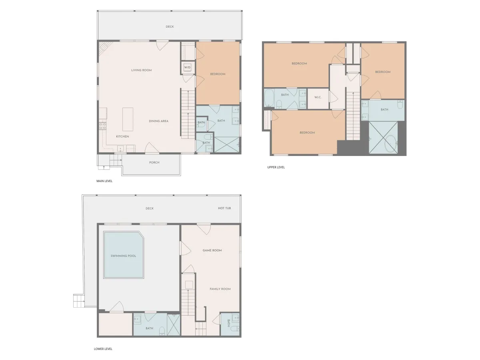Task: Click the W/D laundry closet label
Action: pyautogui.click(x=187, y=68)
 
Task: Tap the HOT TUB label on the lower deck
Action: pyautogui.click(x=224, y=208)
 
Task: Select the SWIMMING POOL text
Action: pyautogui.click(x=123, y=256)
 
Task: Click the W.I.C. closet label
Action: pyautogui.click(x=318, y=97)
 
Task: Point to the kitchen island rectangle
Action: pyautogui.click(x=128, y=119)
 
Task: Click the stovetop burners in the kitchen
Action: pyautogui.click(x=102, y=126)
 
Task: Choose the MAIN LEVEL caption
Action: pyautogui.click(x=104, y=181)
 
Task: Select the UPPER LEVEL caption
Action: pyautogui.click(x=276, y=167)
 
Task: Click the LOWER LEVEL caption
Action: pyautogui.click(x=103, y=349)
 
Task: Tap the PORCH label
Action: pyautogui.click(x=154, y=162)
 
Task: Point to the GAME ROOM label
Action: pyautogui.click(x=212, y=250)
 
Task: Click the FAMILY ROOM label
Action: pyautogui.click(x=220, y=289)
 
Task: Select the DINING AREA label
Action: pyautogui.click(x=158, y=121)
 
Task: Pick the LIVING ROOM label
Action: pyautogui.click(x=141, y=70)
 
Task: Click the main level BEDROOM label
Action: pyautogui.click(x=218, y=74)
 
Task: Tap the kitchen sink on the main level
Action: pyautogui.click(x=120, y=149)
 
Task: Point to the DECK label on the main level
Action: pyautogui.click(x=170, y=27)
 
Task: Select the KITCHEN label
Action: pyautogui.click(x=122, y=136)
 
